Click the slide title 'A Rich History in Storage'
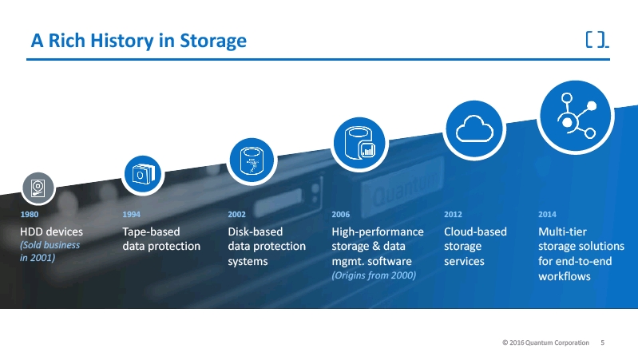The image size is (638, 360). pos(138,40)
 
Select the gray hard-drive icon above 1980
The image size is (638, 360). pos(38,188)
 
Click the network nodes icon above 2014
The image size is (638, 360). pos(575,113)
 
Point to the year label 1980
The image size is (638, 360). pos(29,215)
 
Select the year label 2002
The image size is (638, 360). pos(236,215)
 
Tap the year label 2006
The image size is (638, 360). pos(340,215)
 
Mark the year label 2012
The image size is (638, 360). pos(452,215)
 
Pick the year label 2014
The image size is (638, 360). pos(548,215)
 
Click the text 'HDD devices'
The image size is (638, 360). pos(51,231)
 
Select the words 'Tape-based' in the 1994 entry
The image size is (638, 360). pos(151,231)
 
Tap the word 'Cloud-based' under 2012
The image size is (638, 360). pos(475,231)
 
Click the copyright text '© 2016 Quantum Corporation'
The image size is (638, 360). pos(546,342)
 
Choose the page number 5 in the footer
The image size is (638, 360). pos(602,342)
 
